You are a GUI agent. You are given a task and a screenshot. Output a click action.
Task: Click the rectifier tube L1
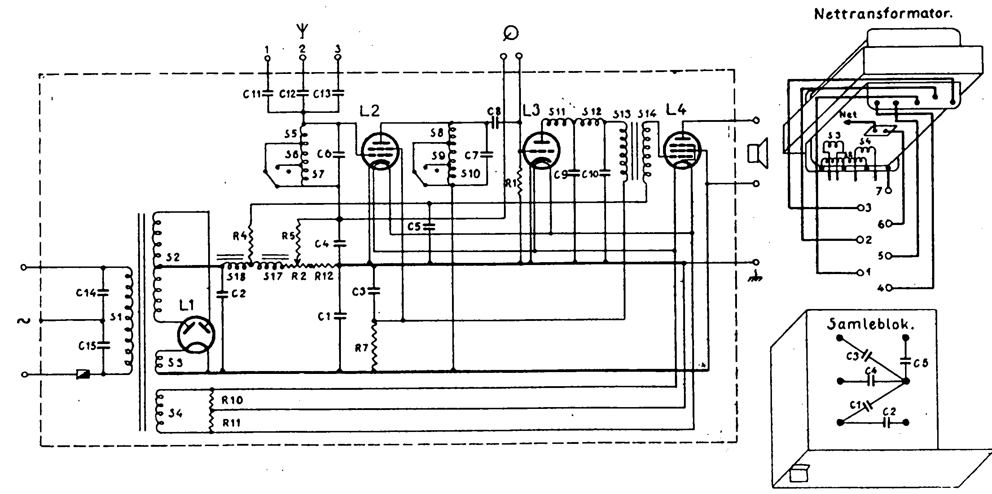(x=196, y=335)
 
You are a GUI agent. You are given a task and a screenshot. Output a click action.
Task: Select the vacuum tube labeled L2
(x=380, y=151)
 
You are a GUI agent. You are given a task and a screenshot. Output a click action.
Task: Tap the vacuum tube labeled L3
(x=541, y=150)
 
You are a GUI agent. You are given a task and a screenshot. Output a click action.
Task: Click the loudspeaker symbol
(x=758, y=153)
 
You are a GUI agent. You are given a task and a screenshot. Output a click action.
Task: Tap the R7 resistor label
(x=361, y=348)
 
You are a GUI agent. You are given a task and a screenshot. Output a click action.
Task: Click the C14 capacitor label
(x=85, y=293)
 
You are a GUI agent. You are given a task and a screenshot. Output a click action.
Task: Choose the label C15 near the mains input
(x=87, y=346)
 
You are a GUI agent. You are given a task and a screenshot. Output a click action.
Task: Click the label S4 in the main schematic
(x=175, y=414)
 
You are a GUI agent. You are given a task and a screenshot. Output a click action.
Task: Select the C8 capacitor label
(x=494, y=112)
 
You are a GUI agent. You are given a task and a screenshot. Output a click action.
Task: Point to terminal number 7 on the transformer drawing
(x=879, y=191)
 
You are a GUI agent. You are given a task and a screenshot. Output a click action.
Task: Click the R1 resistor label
(x=511, y=184)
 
